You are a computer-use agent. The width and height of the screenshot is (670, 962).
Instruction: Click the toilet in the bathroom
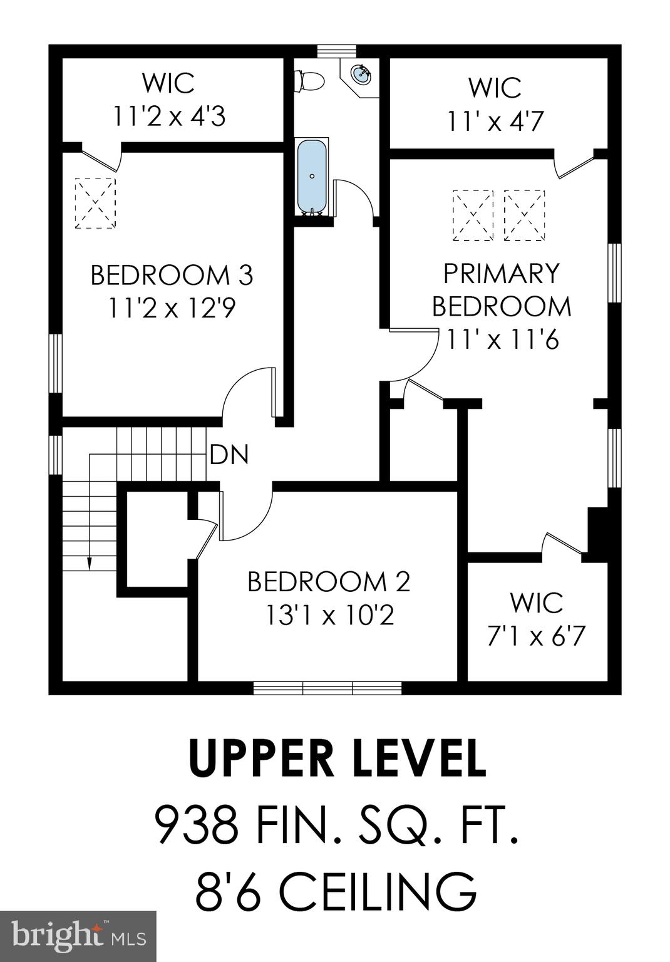coord(310,80)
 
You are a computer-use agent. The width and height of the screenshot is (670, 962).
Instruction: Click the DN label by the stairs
coord(229,455)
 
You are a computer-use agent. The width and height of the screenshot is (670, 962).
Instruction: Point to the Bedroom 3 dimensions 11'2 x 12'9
coord(172,308)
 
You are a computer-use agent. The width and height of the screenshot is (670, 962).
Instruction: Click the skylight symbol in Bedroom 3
coord(96,203)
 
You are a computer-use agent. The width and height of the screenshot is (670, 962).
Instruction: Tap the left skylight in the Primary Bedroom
coord(473,215)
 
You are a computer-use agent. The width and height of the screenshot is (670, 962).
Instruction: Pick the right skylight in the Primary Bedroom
coord(525,215)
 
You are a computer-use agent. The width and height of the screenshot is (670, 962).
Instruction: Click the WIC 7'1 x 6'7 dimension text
coord(536,636)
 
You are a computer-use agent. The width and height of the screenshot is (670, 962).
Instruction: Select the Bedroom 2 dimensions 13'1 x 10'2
coord(329,616)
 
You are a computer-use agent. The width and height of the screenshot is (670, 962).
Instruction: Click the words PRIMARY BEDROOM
coord(502,290)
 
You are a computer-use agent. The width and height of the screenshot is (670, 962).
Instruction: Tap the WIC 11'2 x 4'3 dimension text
coord(169,116)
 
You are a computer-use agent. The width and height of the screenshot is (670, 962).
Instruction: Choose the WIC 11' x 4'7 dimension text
coord(495,121)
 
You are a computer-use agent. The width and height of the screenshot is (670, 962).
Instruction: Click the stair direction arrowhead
coord(89,563)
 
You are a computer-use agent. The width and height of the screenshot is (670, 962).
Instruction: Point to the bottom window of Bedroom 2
coord(327,688)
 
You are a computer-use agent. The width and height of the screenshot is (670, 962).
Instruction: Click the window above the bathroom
coord(336,51)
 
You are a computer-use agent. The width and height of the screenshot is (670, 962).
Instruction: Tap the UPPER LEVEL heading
coord(337,758)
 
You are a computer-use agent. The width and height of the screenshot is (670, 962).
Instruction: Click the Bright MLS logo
coord(78,936)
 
